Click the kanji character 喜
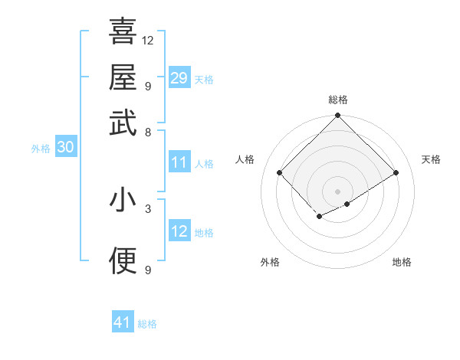pos(123,31)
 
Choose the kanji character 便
pos(123,260)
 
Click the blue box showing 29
pos(179,78)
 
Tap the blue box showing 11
pos(179,162)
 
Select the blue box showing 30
pos(65,149)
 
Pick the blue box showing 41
pos(123,322)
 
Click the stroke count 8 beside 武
pos(148,132)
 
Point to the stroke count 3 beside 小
pos(148,208)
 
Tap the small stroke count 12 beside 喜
pos(148,40)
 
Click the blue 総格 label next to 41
pos(147,324)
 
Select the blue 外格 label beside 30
pos(41,149)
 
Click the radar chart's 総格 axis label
pos(338,100)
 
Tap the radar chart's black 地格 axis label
pos(402,262)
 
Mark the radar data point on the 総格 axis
pos(337,116)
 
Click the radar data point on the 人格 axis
pos(280,172)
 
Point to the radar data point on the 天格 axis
pos(396,172)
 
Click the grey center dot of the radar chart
pos(337,191)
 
